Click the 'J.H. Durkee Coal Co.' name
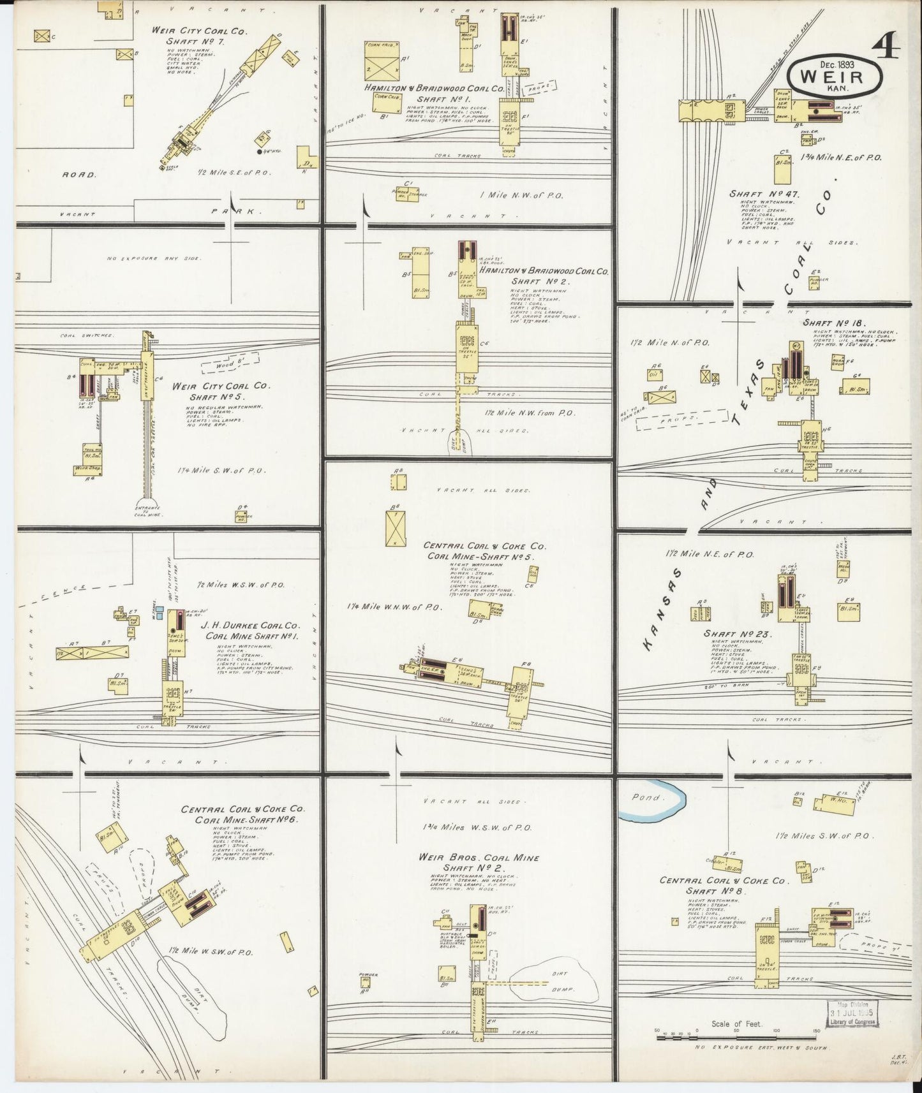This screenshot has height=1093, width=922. tap(250, 626)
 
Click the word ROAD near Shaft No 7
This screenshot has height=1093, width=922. tap(79, 173)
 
